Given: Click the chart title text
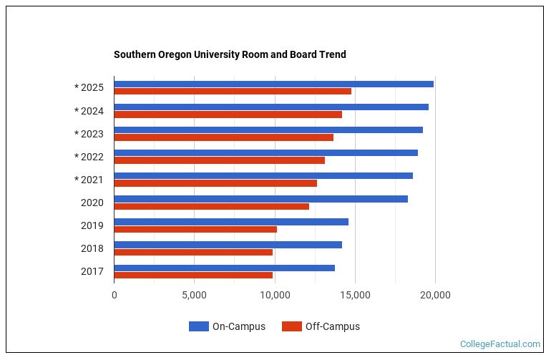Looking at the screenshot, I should (230, 54).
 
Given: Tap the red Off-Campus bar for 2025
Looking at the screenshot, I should (233, 92).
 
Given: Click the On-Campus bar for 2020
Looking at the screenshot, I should (260, 198).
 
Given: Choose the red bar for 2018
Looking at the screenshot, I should (193, 252).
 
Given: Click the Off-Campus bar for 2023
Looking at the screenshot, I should (223, 137).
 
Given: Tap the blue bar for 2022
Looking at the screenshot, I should (265, 152).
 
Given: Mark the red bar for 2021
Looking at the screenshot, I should (215, 183).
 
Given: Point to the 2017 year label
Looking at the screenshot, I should (92, 271).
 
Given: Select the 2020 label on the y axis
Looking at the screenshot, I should (92, 203).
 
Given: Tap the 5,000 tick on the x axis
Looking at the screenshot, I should (194, 294).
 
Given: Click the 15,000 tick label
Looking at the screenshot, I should (355, 294).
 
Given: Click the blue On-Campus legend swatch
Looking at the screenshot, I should (198, 326).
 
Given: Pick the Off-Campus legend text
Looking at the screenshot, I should (332, 326).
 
